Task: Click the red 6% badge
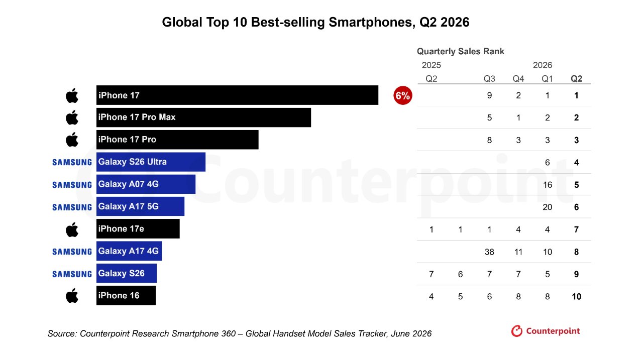(403, 95)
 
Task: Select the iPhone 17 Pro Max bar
(203, 117)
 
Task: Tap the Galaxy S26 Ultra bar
(151, 162)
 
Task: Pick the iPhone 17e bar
(138, 229)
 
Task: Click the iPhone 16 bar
(126, 295)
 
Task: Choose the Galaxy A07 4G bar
(146, 184)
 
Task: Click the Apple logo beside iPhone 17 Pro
(72, 140)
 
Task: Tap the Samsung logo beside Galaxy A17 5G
(72, 207)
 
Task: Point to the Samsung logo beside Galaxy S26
(72, 274)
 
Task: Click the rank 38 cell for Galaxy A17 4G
(489, 252)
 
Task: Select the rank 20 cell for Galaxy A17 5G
(548, 207)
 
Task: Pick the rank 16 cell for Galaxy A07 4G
(548, 185)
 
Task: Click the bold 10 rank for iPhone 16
(576, 297)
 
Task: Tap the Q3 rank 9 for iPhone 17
(489, 95)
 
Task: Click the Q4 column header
(518, 79)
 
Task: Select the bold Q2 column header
(576, 79)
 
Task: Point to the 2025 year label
(431, 65)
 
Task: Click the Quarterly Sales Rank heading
(461, 51)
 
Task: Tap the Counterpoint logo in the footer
(546, 331)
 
